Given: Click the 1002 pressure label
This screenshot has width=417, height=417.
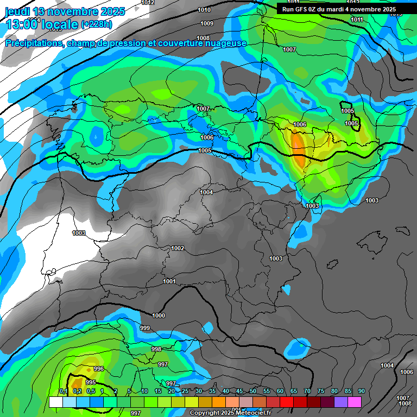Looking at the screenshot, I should (x=178, y=248).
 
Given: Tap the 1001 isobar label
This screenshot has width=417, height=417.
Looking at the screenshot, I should (x=169, y=281).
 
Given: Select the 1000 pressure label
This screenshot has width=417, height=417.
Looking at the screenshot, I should (x=159, y=315).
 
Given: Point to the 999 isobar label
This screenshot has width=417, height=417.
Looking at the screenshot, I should (x=145, y=328).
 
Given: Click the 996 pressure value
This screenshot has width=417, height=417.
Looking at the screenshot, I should (x=98, y=369).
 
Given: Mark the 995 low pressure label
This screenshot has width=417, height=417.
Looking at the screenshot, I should (x=91, y=382).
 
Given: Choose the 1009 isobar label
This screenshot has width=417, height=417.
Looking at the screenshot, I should (x=206, y=23).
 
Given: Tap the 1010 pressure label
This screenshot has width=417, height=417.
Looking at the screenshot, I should (x=204, y=10).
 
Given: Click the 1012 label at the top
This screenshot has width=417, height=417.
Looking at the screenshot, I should (x=147, y=3).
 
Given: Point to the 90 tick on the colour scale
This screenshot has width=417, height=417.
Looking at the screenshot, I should (x=361, y=391).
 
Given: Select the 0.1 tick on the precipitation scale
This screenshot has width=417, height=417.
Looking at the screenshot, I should (x=63, y=391).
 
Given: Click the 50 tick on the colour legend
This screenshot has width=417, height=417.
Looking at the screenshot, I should (x=253, y=391).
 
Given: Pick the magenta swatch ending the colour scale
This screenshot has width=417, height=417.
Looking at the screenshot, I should (x=355, y=402).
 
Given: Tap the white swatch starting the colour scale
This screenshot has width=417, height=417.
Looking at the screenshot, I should (x=55, y=402).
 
